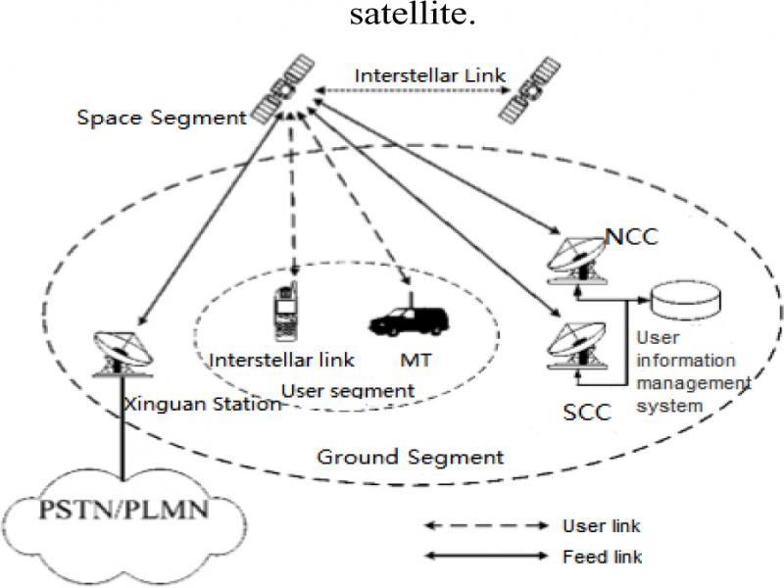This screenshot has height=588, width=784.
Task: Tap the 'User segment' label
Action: pos(347,391)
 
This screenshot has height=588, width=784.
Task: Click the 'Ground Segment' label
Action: pos(410,457)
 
